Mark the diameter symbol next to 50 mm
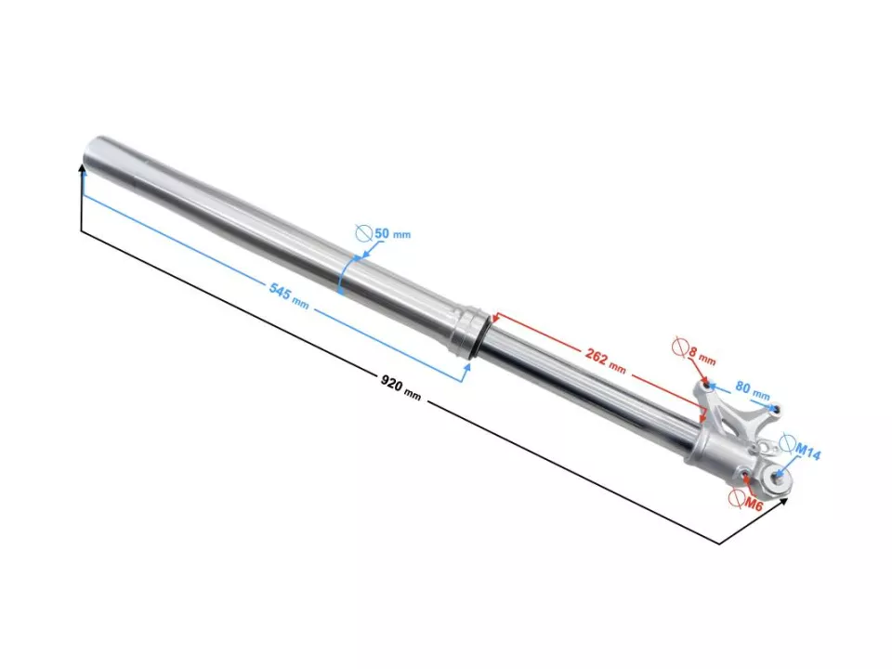click(x=364, y=233)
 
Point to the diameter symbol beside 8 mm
click(x=679, y=348)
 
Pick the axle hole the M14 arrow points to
click(x=778, y=476)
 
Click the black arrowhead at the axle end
click(x=785, y=502)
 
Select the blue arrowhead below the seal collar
click(x=467, y=366)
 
